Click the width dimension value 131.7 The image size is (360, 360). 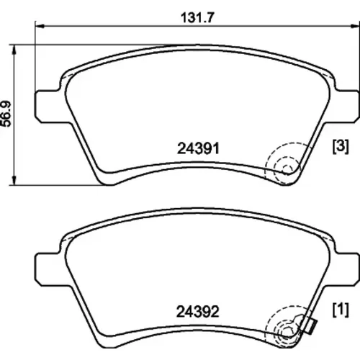(197, 18)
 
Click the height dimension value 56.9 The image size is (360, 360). (6, 114)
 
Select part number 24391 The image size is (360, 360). (198, 148)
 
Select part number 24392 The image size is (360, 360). (198, 312)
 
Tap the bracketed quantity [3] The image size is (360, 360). (341, 146)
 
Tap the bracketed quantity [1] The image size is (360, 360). (341, 310)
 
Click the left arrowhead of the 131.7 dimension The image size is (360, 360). (40, 26)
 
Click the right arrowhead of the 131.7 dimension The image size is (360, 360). (355, 26)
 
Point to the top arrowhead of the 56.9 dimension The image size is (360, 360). (14, 50)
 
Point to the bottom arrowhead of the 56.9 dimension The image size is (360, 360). (14, 180)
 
